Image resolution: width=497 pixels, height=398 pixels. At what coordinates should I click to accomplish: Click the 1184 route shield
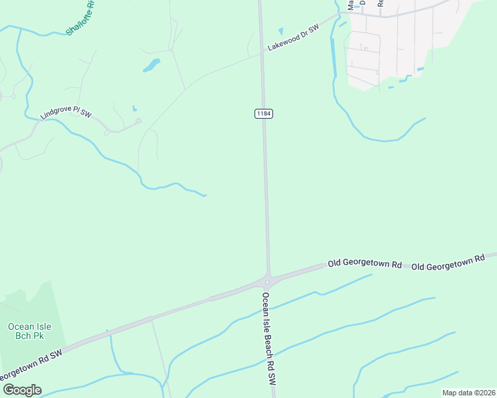tap(264, 114)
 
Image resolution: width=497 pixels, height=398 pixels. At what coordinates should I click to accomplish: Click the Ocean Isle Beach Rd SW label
tap(268, 339)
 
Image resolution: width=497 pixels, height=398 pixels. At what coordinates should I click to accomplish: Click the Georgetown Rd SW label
tap(33, 364)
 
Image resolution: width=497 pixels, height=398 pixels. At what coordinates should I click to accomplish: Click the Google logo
tap(21, 390)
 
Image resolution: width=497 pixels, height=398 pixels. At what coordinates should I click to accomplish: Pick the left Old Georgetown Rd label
tap(365, 264)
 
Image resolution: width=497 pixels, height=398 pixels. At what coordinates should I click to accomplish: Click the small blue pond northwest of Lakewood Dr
tap(151, 65)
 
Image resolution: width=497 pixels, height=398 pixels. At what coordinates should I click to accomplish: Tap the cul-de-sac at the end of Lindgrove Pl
tap(138, 121)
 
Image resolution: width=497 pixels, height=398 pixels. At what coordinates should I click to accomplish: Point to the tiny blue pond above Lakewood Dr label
tap(280, 31)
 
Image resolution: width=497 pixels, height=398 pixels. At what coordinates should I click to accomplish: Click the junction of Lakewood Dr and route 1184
tap(262, 54)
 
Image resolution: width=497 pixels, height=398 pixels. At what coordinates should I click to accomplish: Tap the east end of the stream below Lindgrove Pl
tap(205, 195)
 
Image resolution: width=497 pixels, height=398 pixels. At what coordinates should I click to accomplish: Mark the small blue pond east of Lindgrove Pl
tap(134, 108)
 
